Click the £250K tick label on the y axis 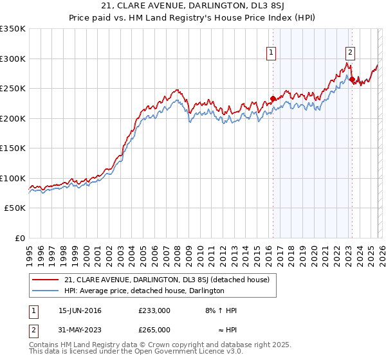13,89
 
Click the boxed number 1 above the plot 271,53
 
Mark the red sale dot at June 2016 273,98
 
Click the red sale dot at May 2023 352,79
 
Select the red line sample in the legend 46,280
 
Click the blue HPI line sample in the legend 46,291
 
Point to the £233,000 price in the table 154,310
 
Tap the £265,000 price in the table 154,329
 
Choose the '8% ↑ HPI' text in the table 220,310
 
